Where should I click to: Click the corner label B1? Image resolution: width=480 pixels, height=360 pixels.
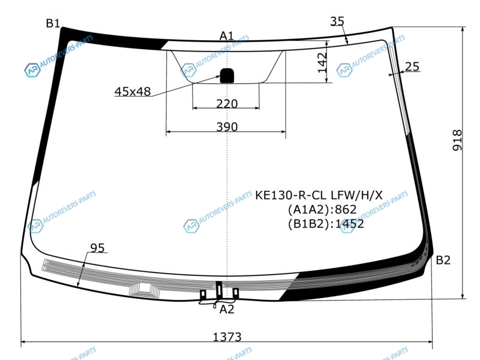tap(53, 23)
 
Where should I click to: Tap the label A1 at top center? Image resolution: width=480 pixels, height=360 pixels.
tap(227, 36)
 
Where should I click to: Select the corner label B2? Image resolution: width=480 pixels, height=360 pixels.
tap(443, 260)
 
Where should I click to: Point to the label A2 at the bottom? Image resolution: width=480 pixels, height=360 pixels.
tap(227, 310)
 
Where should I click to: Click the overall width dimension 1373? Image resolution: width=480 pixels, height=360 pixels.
tap(227, 337)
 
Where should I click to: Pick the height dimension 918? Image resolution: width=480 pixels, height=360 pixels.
tap(457, 140)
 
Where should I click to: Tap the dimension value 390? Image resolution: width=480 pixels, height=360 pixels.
tap(227, 127)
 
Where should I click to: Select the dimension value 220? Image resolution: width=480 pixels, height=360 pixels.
tap(227, 104)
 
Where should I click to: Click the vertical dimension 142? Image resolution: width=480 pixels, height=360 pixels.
tap(322, 63)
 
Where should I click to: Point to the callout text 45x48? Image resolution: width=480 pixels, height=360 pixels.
tap(133, 92)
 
